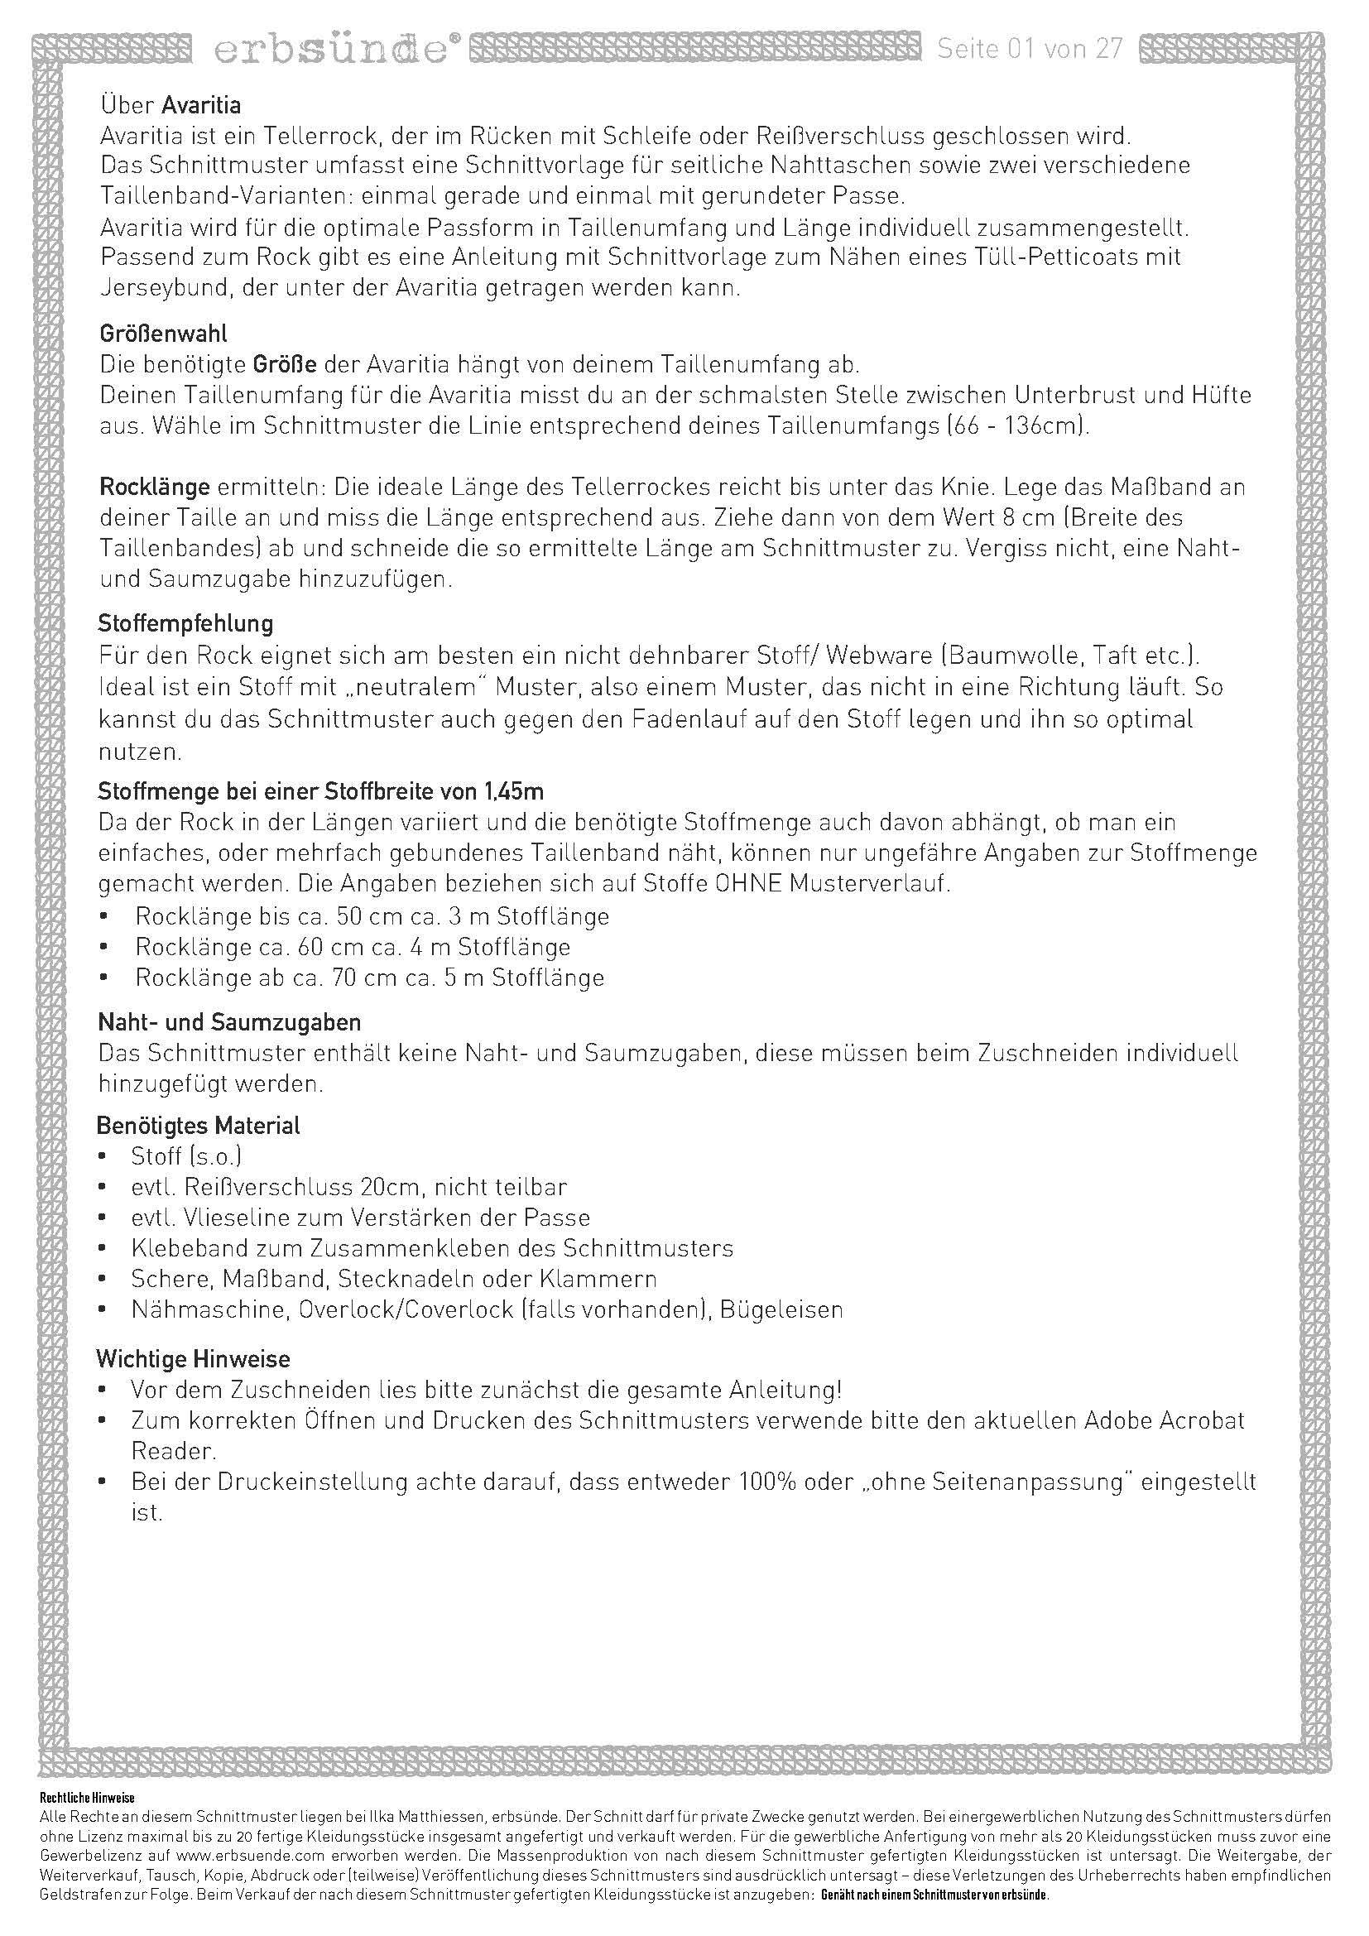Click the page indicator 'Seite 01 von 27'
pyautogui.click(x=1030, y=49)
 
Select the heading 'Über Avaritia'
pyautogui.click(x=171, y=105)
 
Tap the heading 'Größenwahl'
pyautogui.click(x=163, y=334)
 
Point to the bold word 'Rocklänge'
pyautogui.click(x=155, y=488)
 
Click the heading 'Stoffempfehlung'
pyautogui.click(x=185, y=624)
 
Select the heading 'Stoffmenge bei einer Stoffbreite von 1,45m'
pyautogui.click(x=320, y=792)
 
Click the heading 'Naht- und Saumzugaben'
pyautogui.click(x=229, y=1023)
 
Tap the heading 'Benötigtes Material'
pyautogui.click(x=199, y=1126)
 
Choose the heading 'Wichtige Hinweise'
pyautogui.click(x=193, y=1359)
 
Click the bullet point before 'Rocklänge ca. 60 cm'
pyautogui.click(x=103, y=947)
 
